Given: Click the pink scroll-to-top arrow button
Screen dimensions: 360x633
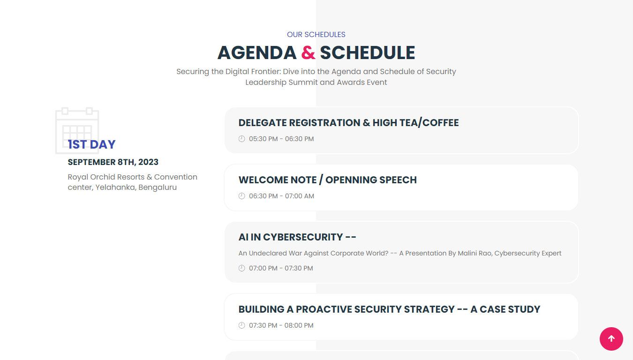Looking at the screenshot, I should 611,338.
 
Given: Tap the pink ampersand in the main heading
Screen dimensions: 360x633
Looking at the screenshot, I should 308,53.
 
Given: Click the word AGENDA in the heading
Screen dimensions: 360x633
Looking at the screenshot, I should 257,53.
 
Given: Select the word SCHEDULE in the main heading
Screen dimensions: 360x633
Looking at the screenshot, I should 367,53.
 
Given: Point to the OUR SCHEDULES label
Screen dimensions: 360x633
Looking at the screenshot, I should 316,35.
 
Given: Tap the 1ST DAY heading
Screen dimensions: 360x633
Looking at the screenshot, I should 91,145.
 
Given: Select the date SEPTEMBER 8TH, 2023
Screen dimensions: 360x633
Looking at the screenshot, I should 113,162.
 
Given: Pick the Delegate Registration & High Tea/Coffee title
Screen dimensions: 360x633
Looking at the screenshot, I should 348,123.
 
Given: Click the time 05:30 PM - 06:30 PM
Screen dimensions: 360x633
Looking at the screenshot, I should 281,139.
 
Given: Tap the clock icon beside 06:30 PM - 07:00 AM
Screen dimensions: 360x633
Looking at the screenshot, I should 242,196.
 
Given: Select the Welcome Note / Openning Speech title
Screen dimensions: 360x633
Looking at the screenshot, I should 327,180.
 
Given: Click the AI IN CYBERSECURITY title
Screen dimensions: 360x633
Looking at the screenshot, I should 297,237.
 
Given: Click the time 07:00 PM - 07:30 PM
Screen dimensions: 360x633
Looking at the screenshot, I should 281,268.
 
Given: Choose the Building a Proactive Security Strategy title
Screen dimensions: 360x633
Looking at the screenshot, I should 389,309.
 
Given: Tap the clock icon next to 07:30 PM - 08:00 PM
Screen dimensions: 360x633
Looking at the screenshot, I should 242,325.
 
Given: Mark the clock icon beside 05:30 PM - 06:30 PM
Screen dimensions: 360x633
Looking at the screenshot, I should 242,139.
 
